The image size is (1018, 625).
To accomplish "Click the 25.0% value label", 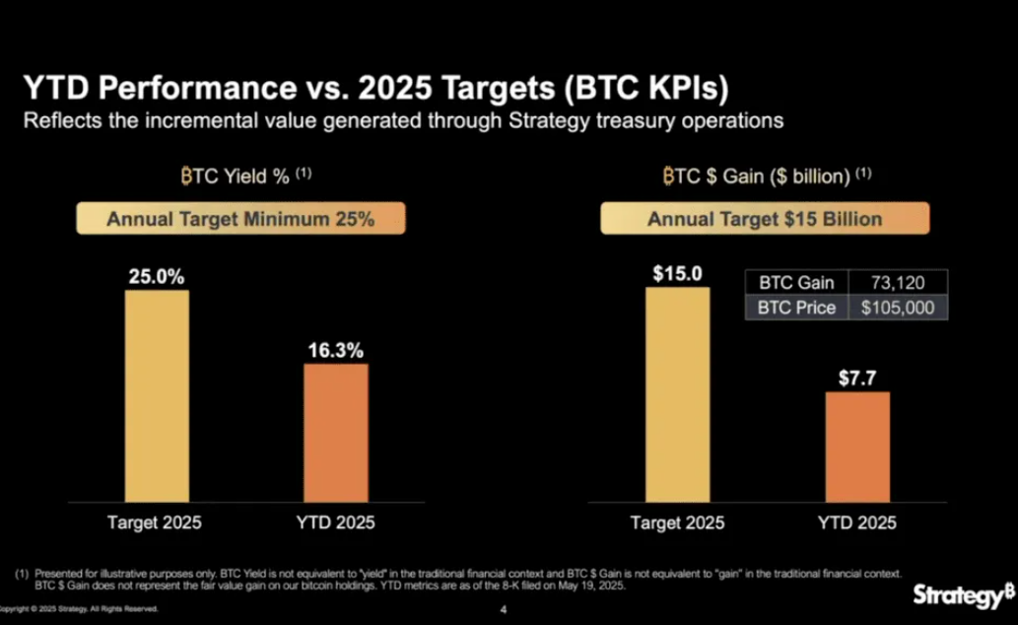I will coord(157,276).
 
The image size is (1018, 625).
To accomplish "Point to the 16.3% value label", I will coord(336,350).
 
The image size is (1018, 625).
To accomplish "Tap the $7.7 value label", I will coord(856,377).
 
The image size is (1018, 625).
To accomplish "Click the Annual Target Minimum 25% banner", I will coord(240,219).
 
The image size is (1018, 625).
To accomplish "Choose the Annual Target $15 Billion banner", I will coord(765,219).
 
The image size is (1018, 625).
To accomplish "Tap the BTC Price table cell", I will coord(796,308).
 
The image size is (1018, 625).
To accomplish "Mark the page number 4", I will coord(504,608).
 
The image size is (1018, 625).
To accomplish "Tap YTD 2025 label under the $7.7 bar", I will coord(856,523).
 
